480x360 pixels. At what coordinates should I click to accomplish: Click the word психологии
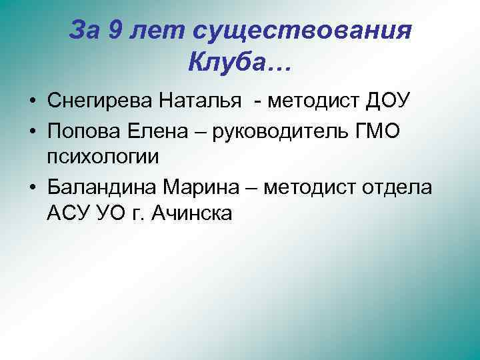coord(103,157)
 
